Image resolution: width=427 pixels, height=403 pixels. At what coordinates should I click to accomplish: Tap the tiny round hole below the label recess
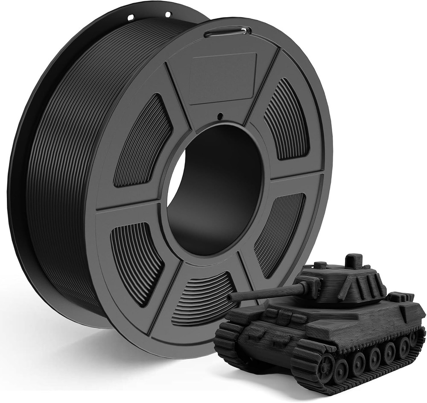(x=220, y=115)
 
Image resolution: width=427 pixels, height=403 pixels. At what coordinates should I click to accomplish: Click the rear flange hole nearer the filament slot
(x=168, y=14)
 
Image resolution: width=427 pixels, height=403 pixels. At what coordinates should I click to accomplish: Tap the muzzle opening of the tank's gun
(x=230, y=297)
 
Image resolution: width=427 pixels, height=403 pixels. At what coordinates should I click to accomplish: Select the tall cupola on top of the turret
(x=354, y=261)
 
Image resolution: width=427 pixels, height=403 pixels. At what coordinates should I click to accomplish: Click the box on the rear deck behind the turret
(x=400, y=297)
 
